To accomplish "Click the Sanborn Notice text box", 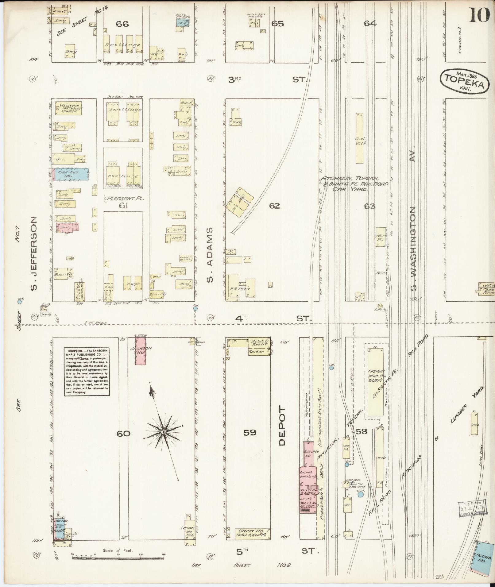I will point(87,372).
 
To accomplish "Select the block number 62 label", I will point(274,206).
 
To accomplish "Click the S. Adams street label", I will point(210,255).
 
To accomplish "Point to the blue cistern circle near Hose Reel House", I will point(361,495).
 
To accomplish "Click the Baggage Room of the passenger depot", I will point(308,454).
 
